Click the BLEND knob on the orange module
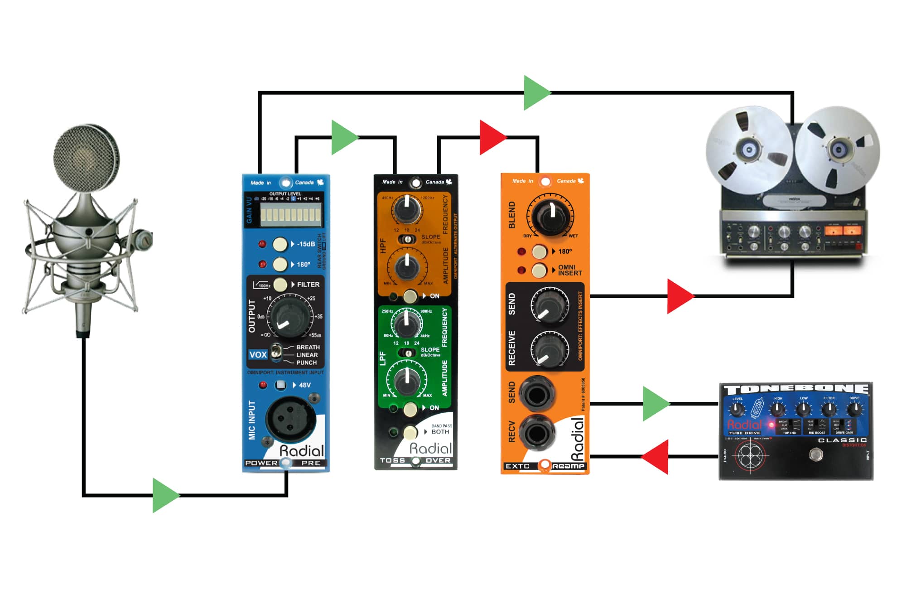click(550, 215)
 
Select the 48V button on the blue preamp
click(281, 385)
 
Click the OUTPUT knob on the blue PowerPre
click(289, 316)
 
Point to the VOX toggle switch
click(276, 352)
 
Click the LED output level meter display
click(290, 214)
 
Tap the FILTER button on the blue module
click(280, 285)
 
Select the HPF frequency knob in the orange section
click(407, 209)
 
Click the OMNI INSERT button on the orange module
click(539, 270)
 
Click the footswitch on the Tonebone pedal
click(815, 454)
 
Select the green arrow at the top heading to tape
click(536, 93)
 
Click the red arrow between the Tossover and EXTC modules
click(492, 137)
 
